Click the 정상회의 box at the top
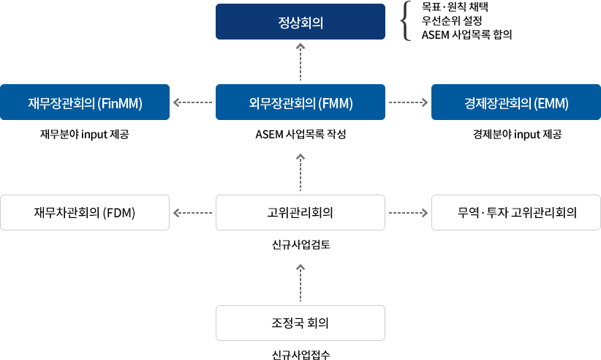pos(300,22)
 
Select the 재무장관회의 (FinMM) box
pos(85,102)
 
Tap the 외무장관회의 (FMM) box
pos(300,102)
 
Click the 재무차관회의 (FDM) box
pos(85,213)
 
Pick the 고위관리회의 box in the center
pos(300,213)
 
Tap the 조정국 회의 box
pos(300,323)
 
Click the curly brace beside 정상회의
pos(405,20)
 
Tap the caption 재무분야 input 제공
pos(85,135)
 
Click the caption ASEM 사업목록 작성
pos(300,135)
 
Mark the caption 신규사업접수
pos(300,355)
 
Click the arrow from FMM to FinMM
pos(192,102)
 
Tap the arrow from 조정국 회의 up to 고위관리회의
pos(300,283)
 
